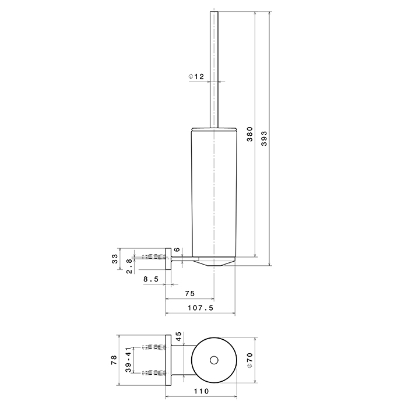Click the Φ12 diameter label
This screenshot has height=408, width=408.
[x=196, y=76]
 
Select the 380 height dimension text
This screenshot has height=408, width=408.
[x=250, y=134]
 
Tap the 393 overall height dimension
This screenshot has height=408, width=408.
[x=264, y=139]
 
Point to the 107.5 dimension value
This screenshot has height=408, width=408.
[x=201, y=308]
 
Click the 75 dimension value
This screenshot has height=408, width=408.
[x=189, y=294]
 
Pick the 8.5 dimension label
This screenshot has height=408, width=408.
[x=151, y=279]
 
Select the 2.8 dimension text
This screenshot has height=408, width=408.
[x=129, y=266]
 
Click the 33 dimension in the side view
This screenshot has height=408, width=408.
[x=115, y=259]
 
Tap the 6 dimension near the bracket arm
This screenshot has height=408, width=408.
[x=177, y=249]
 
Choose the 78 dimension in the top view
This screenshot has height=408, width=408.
[x=114, y=360]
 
